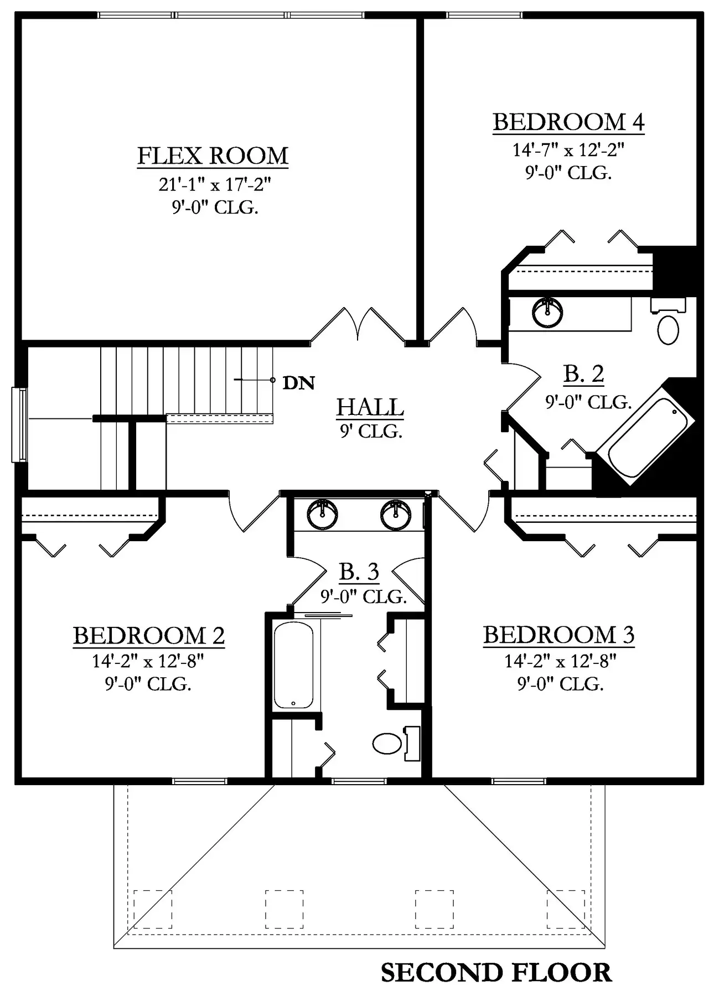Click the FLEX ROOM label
pos(213,155)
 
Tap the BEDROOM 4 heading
pos(568,122)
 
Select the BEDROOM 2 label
pos(149,636)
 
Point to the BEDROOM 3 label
pos(559,635)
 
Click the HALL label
pos(370,407)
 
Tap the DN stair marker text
pos(299,383)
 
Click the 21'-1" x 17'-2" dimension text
pos(215,184)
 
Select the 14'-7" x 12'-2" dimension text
pos(568,150)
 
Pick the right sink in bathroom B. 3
pos(396,515)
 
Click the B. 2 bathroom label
pos(583,375)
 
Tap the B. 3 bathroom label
pos(359,572)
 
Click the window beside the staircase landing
pos(19,425)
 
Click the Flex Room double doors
pos(359,326)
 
